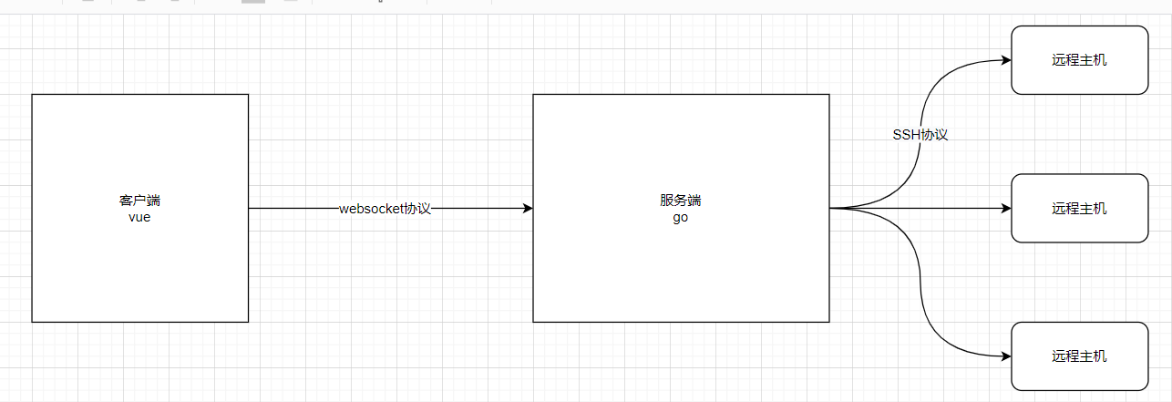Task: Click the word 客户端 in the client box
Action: click(139, 201)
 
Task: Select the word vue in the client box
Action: click(139, 217)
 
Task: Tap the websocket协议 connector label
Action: click(385, 209)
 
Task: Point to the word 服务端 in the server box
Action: click(681, 201)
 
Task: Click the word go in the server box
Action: click(681, 217)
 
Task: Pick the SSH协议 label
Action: click(920, 134)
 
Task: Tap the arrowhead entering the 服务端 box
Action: click(528, 209)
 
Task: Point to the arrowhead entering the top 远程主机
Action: click(1006, 60)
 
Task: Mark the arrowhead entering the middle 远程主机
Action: click(1006, 209)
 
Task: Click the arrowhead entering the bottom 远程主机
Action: click(1006, 356)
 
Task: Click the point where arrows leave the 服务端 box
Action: click(830, 209)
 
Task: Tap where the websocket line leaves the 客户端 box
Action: click(250, 209)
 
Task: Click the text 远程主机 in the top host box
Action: click(1079, 60)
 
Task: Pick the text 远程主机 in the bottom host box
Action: click(1079, 356)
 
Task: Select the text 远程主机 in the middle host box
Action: click(1079, 209)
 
